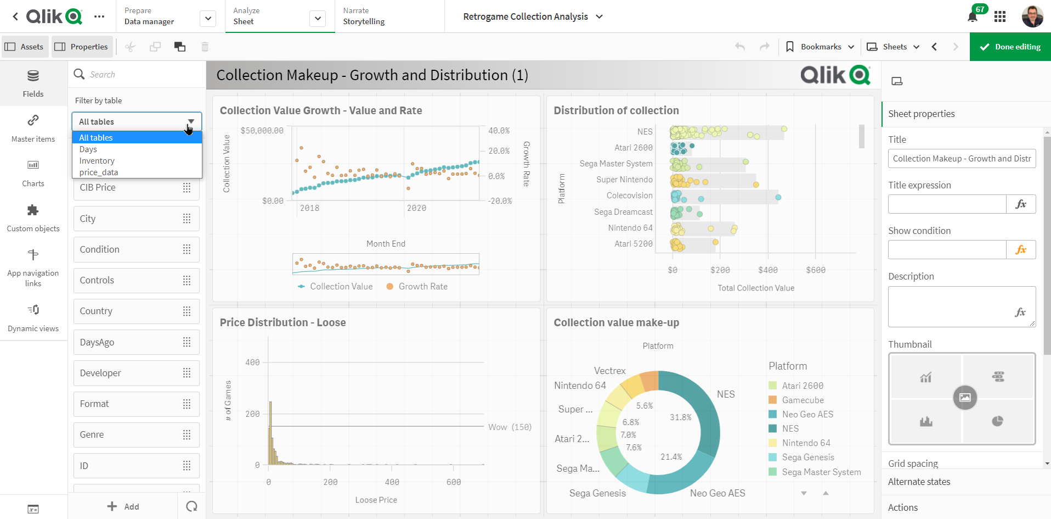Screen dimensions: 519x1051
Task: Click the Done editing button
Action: [x=1010, y=47]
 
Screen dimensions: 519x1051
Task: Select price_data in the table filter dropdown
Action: [x=99, y=172]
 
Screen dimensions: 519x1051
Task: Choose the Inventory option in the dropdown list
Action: [x=97, y=161]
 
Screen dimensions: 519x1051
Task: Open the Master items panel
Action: [x=33, y=129]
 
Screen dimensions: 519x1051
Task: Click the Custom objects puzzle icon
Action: [x=33, y=210]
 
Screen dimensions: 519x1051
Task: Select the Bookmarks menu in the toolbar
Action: [x=821, y=47]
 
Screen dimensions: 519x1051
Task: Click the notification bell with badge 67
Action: [x=973, y=16]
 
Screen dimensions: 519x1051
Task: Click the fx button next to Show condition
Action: [x=1021, y=250]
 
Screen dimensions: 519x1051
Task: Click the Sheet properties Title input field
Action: [x=962, y=159]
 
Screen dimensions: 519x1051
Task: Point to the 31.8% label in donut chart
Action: [x=680, y=417]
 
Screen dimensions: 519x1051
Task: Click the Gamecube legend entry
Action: [x=803, y=400]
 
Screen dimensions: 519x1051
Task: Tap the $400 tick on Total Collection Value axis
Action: [x=768, y=270]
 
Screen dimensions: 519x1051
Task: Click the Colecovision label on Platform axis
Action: [x=629, y=196]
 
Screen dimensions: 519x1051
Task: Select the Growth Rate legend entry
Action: [x=422, y=287]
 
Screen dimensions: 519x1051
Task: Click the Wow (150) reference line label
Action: [x=510, y=427]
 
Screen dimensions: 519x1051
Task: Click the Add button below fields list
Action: [x=123, y=506]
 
